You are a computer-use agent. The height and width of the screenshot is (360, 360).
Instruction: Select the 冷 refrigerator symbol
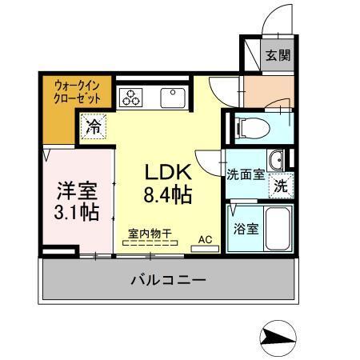pyautogui.click(x=94, y=125)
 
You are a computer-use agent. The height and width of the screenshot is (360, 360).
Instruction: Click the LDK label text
pyautogui.click(x=167, y=171)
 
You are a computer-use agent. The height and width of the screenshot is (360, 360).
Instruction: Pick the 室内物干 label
pyautogui.click(x=150, y=234)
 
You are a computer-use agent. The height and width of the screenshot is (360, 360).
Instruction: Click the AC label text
pyautogui.click(x=205, y=238)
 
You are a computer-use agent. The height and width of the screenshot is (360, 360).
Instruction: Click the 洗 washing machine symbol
pyautogui.click(x=281, y=184)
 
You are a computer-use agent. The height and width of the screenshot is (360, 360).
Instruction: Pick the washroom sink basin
pyautogui.click(x=276, y=158)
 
